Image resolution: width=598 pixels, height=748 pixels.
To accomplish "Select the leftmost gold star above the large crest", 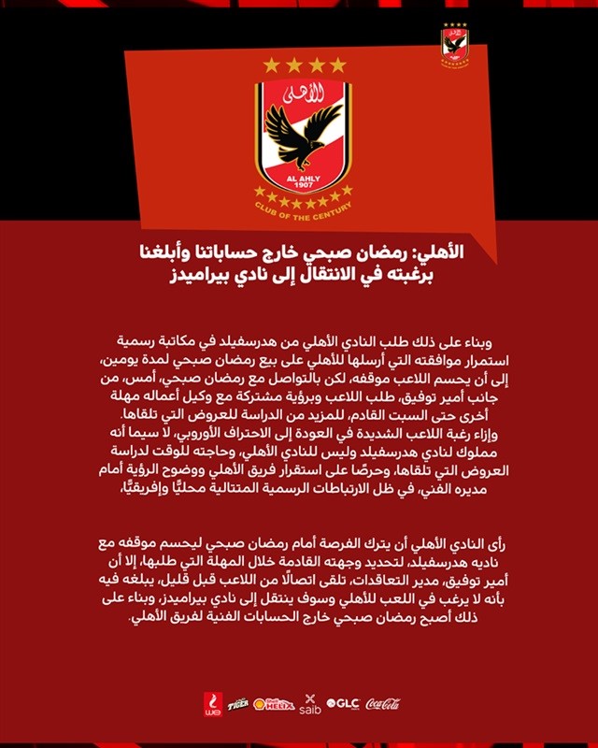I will [271, 65].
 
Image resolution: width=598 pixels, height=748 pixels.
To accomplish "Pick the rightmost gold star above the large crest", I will [337, 65].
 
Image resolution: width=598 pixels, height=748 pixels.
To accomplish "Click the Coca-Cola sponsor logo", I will [383, 704].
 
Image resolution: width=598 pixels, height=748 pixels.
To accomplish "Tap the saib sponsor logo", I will [311, 704].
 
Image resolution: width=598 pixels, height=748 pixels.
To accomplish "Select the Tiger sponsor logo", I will [238, 704].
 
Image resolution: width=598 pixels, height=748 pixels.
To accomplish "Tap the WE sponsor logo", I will [212, 703].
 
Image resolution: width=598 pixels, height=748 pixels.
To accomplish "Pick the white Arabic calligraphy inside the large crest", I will [303, 94].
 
